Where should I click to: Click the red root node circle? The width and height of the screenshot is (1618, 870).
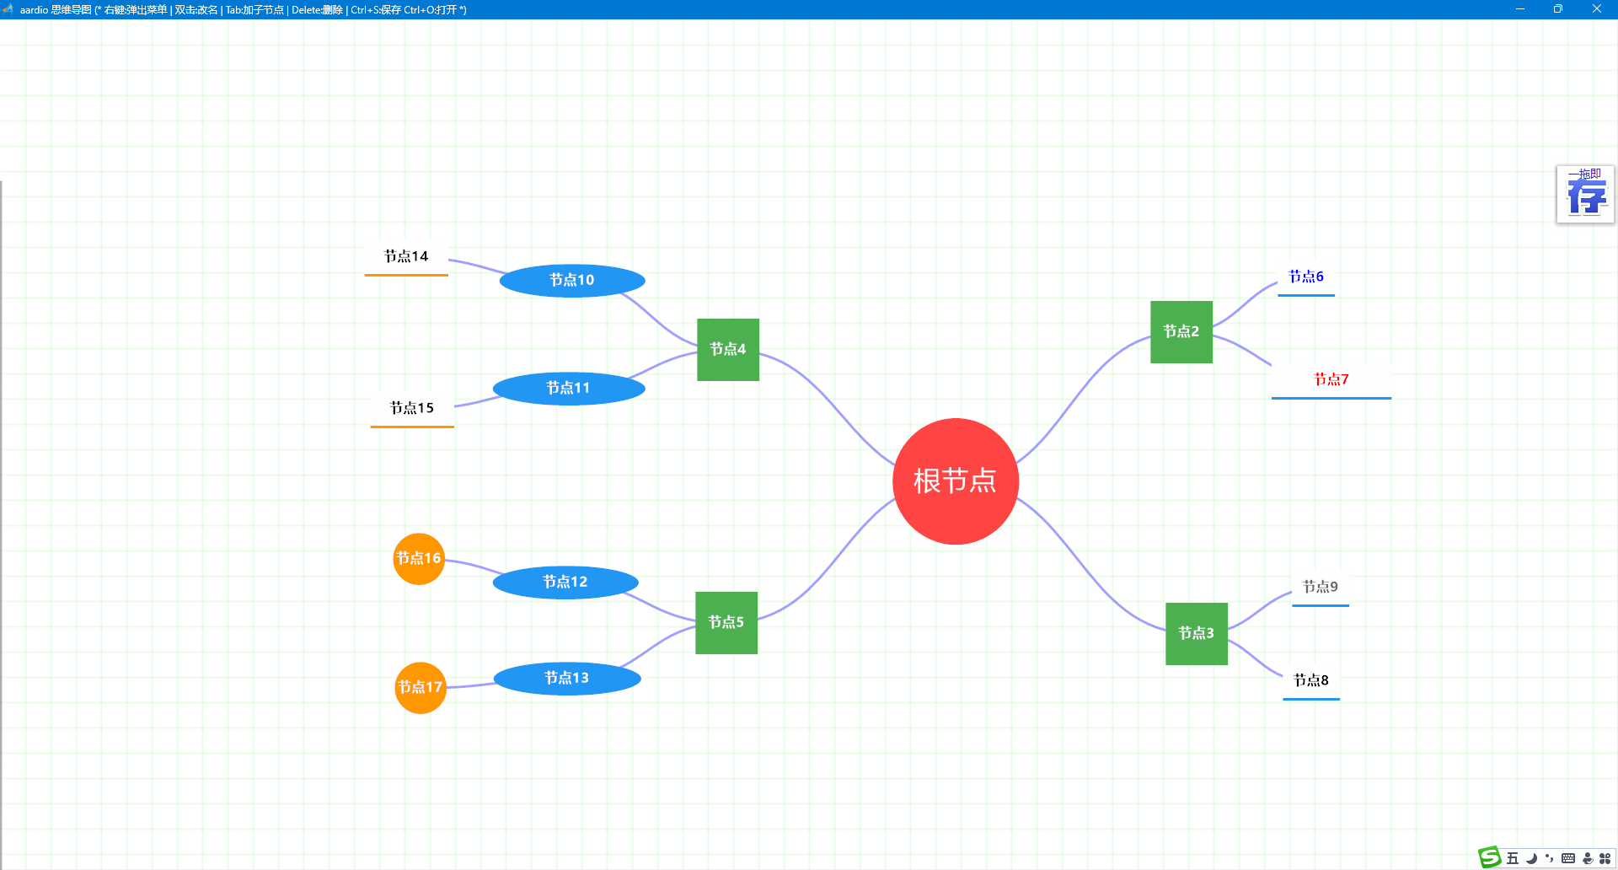point(956,481)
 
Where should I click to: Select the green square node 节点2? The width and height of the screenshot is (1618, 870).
point(1181,332)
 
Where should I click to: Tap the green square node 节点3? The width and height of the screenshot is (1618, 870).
point(1197,634)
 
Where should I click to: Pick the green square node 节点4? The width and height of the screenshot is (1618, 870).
point(728,350)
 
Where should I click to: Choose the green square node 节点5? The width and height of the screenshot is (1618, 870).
point(726,623)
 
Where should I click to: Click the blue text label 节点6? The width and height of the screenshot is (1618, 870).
point(1306,277)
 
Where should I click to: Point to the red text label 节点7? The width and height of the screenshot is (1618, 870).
point(1331,379)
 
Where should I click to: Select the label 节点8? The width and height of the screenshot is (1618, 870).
point(1311,680)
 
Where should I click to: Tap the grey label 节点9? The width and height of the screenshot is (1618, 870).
point(1321,587)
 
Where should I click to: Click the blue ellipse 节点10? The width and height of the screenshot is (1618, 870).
point(572,281)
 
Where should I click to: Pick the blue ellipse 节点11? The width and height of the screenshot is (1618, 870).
point(569,389)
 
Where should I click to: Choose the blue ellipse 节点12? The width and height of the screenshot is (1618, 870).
point(565,583)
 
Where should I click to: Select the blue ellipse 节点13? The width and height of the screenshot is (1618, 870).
point(567,679)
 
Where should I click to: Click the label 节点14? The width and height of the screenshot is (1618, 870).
point(406,256)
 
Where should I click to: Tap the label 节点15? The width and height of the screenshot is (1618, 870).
point(412,408)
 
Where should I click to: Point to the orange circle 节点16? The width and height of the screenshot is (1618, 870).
point(419,559)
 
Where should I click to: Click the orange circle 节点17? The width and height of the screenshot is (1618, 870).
point(421,688)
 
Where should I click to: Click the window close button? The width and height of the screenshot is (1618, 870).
point(1597,9)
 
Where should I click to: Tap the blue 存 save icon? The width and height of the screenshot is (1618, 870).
point(1585,195)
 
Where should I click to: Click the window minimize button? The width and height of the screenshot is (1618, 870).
point(1520,9)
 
